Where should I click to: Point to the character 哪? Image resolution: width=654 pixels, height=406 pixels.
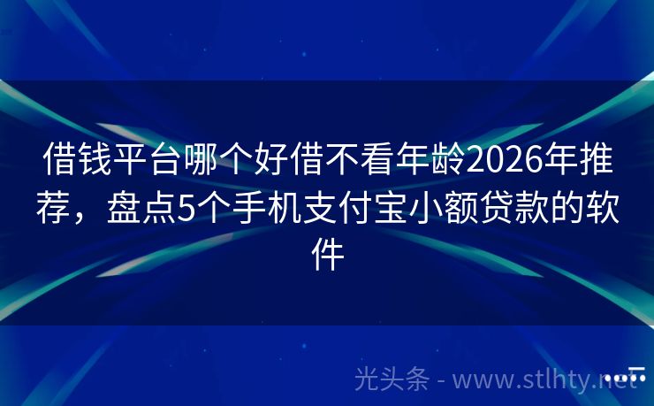[x=218, y=162]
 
